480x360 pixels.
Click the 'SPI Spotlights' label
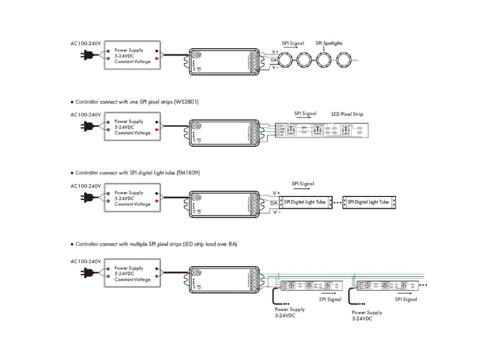tap(329, 43)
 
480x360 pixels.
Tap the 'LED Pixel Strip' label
tap(347, 114)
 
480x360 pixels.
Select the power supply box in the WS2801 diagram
tap(133, 127)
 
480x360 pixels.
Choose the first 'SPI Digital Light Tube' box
tap(305, 202)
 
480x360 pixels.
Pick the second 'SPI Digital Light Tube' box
tap(368, 202)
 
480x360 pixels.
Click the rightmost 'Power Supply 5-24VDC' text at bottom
tap(367, 315)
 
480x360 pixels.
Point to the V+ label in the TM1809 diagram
tap(277, 193)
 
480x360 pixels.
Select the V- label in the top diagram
tap(276, 67)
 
